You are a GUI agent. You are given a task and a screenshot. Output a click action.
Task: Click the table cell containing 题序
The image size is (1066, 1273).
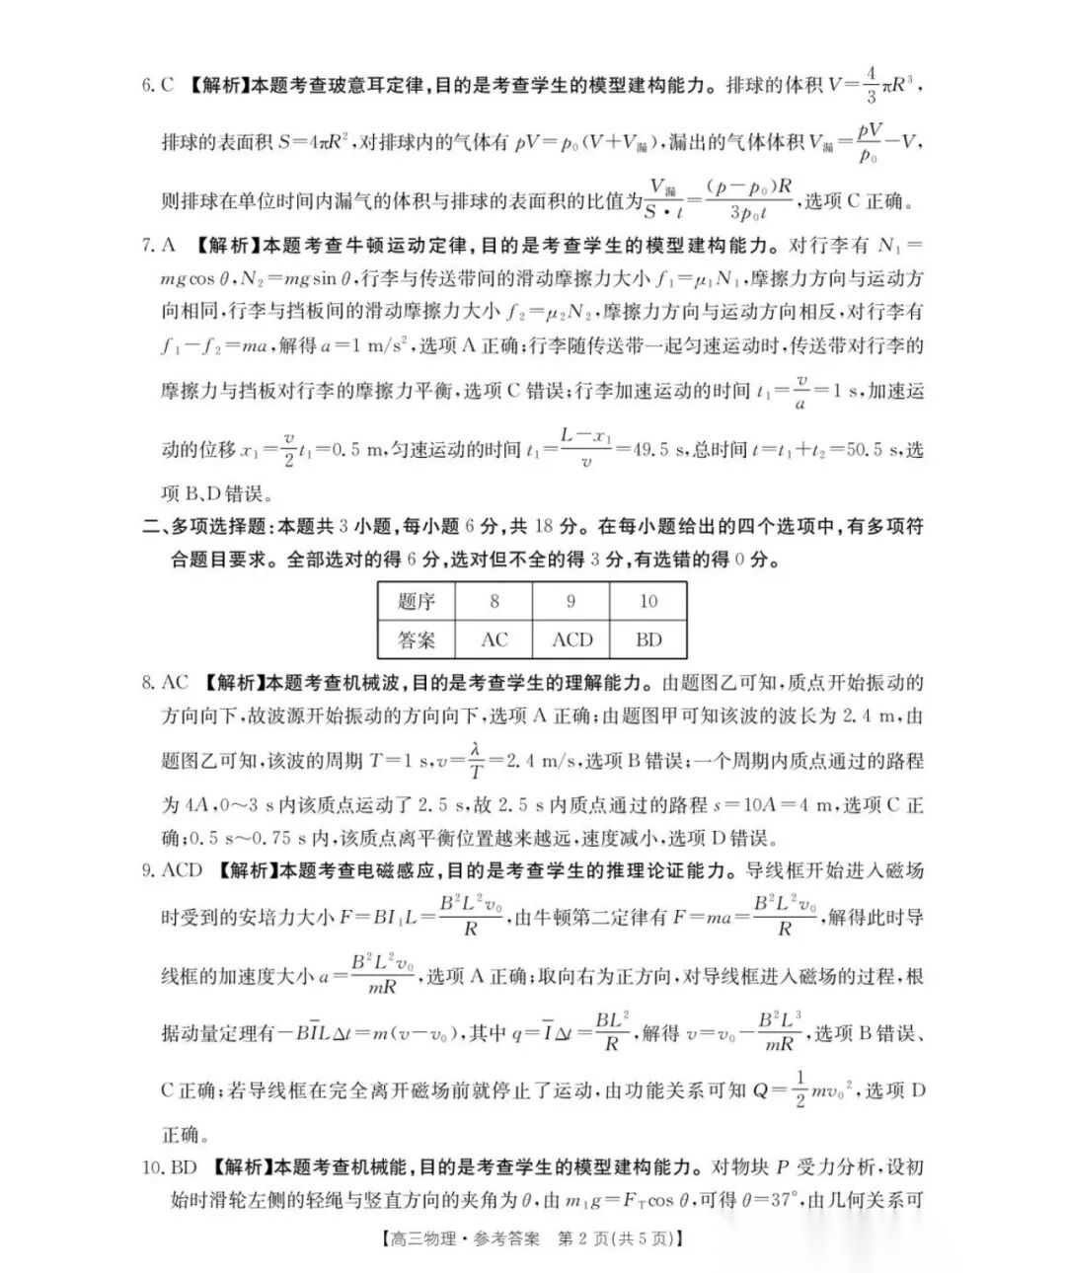tap(416, 601)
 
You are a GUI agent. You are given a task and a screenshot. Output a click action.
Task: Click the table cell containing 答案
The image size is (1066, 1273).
tap(416, 639)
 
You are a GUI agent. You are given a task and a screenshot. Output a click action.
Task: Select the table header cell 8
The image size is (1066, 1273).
tap(494, 601)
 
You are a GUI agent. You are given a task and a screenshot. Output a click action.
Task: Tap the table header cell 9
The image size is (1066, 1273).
tap(571, 601)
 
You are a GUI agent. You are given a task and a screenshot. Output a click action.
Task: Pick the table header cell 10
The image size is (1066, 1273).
tap(648, 601)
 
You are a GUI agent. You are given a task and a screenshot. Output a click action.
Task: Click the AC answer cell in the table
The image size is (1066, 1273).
tap(494, 639)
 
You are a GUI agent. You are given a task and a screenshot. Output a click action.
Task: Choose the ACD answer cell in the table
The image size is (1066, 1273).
tap(571, 639)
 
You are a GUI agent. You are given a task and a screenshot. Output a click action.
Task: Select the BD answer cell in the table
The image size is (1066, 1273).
tap(648, 639)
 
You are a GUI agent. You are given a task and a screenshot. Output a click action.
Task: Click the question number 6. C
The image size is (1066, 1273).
tap(158, 85)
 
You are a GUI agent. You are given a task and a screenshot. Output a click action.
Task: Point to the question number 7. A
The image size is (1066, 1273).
tap(158, 245)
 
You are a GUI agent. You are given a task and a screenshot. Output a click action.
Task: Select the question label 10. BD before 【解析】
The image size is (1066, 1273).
tap(170, 1167)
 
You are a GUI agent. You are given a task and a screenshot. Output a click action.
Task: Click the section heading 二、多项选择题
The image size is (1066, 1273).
tap(207, 527)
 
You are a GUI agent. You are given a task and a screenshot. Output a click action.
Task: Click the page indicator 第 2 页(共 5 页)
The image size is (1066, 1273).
tap(621, 1238)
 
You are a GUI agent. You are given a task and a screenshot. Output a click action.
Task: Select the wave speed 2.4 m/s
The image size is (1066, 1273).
tap(541, 762)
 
